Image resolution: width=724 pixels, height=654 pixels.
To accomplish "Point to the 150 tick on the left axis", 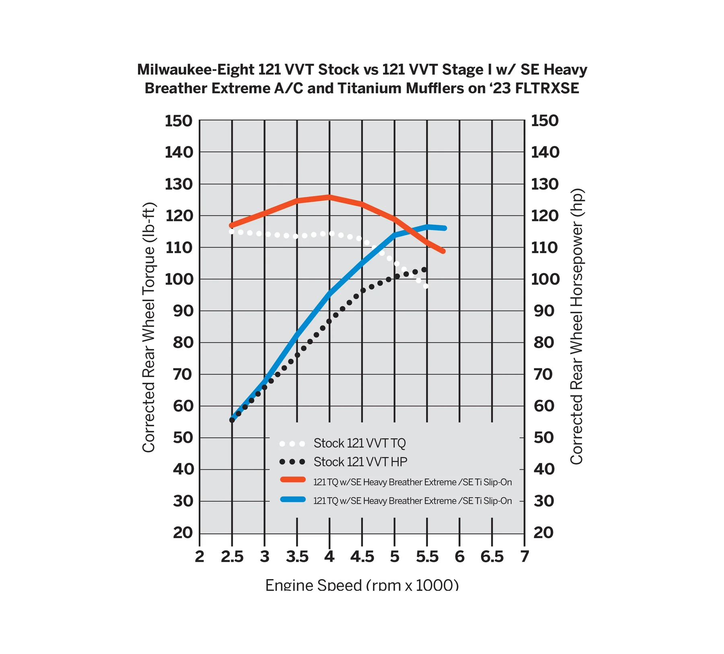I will point(179,121).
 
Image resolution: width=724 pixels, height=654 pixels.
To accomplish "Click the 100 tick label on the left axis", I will point(179,279).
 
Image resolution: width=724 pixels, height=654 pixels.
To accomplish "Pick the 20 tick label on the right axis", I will point(543,533).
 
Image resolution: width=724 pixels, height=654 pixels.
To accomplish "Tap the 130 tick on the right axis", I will point(545,184).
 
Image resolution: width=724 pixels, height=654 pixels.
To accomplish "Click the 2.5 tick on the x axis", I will point(232,557).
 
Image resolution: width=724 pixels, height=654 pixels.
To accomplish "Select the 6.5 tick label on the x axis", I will point(492,557).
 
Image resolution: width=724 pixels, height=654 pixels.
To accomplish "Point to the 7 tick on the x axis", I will point(524,557).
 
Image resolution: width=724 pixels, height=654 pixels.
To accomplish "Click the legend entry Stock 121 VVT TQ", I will point(360,443).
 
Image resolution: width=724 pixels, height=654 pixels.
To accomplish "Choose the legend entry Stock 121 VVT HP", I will point(360,462).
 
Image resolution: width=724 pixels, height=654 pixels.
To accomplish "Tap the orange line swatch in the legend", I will point(293,479).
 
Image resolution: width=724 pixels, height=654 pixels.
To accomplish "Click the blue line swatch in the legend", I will point(293,500).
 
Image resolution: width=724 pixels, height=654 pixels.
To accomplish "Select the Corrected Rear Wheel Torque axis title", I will point(149,327).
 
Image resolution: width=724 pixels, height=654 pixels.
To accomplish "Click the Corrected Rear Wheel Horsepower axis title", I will point(576,326).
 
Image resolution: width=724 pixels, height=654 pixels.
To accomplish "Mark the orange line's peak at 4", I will point(329,197).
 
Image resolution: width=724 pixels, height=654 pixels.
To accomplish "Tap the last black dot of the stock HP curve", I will point(425,269).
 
